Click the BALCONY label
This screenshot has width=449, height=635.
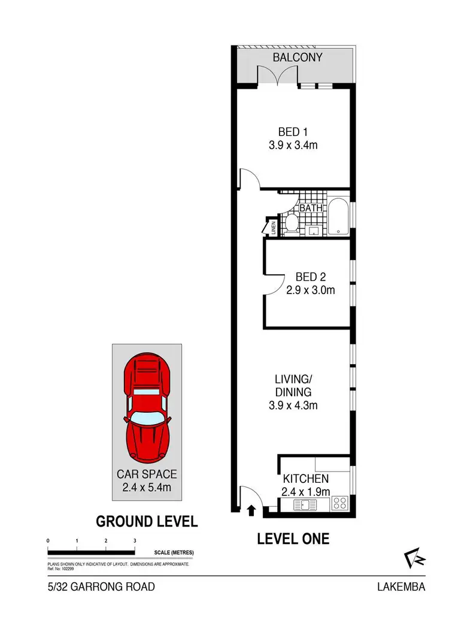pyautogui.click(x=298, y=58)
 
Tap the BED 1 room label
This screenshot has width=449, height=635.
pyautogui.click(x=293, y=132)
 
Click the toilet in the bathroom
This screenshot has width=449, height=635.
pyautogui.click(x=291, y=224)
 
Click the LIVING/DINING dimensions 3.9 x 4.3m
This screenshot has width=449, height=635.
pyautogui.click(x=293, y=406)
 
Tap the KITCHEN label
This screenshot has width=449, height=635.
pyautogui.click(x=305, y=479)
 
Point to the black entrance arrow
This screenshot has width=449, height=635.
pyautogui.click(x=251, y=510)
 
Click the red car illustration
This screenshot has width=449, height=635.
pyautogui.click(x=147, y=407)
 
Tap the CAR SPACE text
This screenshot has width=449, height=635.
pyautogui.click(x=147, y=474)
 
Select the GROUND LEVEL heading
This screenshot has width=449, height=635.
pyautogui.click(x=147, y=521)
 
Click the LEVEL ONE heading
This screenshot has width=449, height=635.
pyautogui.click(x=293, y=539)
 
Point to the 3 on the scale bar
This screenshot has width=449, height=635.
pyautogui.click(x=135, y=541)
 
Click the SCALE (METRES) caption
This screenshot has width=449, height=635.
pyautogui.click(x=174, y=552)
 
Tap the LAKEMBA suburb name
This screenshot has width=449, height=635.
pyautogui.click(x=401, y=587)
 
